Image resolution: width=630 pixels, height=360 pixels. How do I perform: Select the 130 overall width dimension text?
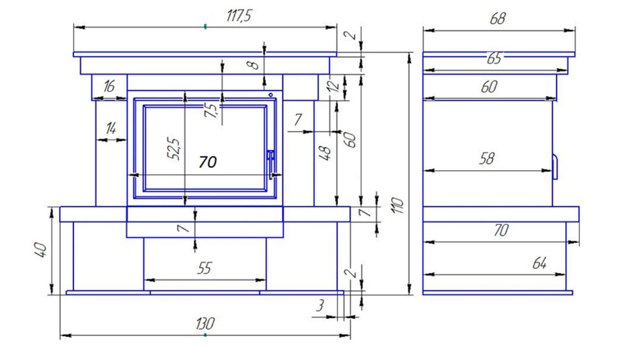(205, 324)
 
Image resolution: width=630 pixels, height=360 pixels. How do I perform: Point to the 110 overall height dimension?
(397, 205)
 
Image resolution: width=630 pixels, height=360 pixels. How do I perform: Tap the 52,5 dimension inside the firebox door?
(175, 149)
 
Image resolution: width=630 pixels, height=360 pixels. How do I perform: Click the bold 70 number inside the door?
(208, 162)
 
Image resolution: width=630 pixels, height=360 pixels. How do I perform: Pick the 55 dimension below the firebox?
(204, 268)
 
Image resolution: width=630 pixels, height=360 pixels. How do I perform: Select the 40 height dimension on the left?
(41, 250)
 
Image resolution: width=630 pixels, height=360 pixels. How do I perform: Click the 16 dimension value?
(109, 86)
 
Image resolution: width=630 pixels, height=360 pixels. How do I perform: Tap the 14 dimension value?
(111, 128)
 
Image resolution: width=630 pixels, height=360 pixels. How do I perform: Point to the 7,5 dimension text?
(210, 110)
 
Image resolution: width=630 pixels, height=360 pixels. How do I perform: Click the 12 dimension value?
(334, 86)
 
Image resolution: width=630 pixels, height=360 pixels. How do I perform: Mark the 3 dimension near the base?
(320, 305)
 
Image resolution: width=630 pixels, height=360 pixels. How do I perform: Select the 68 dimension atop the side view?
(498, 18)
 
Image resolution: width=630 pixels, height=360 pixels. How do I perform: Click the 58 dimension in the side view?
(487, 159)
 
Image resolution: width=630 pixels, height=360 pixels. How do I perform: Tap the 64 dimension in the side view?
(540, 263)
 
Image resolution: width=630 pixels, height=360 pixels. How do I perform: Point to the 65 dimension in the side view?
(495, 58)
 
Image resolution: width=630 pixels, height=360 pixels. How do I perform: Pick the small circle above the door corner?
(271, 95)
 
